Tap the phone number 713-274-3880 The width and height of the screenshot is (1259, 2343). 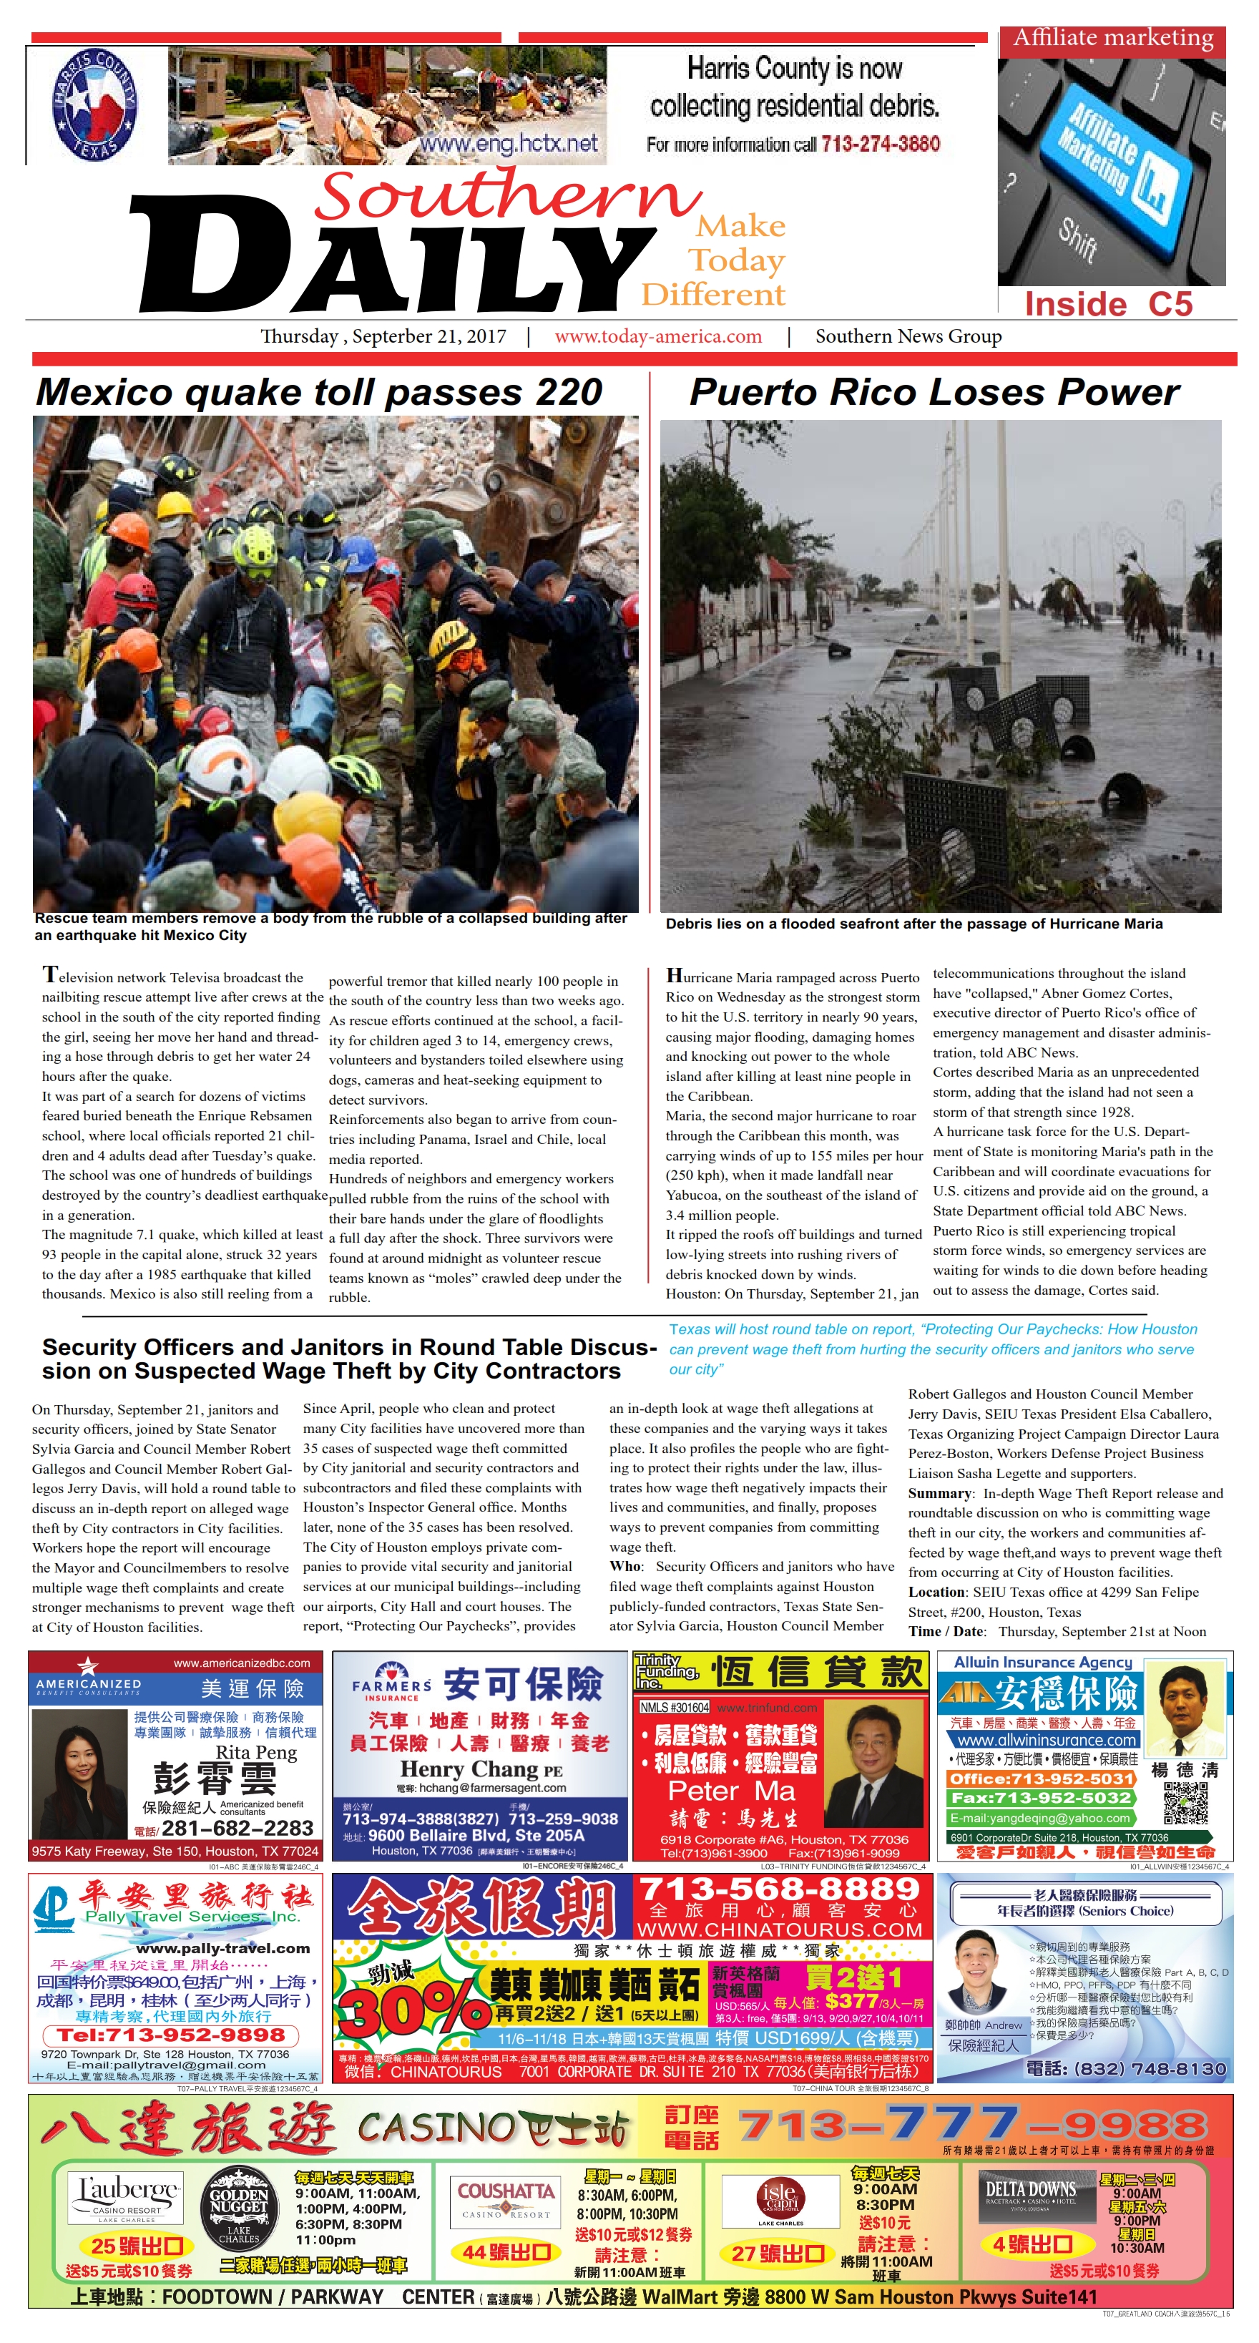880,144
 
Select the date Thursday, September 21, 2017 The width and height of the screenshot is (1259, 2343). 383,336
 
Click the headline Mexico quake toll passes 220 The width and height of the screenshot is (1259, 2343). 318,392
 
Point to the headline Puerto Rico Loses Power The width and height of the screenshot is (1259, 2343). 934,392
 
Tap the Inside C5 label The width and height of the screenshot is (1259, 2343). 1108,304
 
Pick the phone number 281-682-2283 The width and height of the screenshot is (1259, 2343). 237,1828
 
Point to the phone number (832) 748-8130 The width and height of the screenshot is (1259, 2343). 1151,2069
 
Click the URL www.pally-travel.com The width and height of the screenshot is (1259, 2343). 223,1948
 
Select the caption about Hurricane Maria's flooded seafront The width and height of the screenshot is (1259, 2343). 913,924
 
